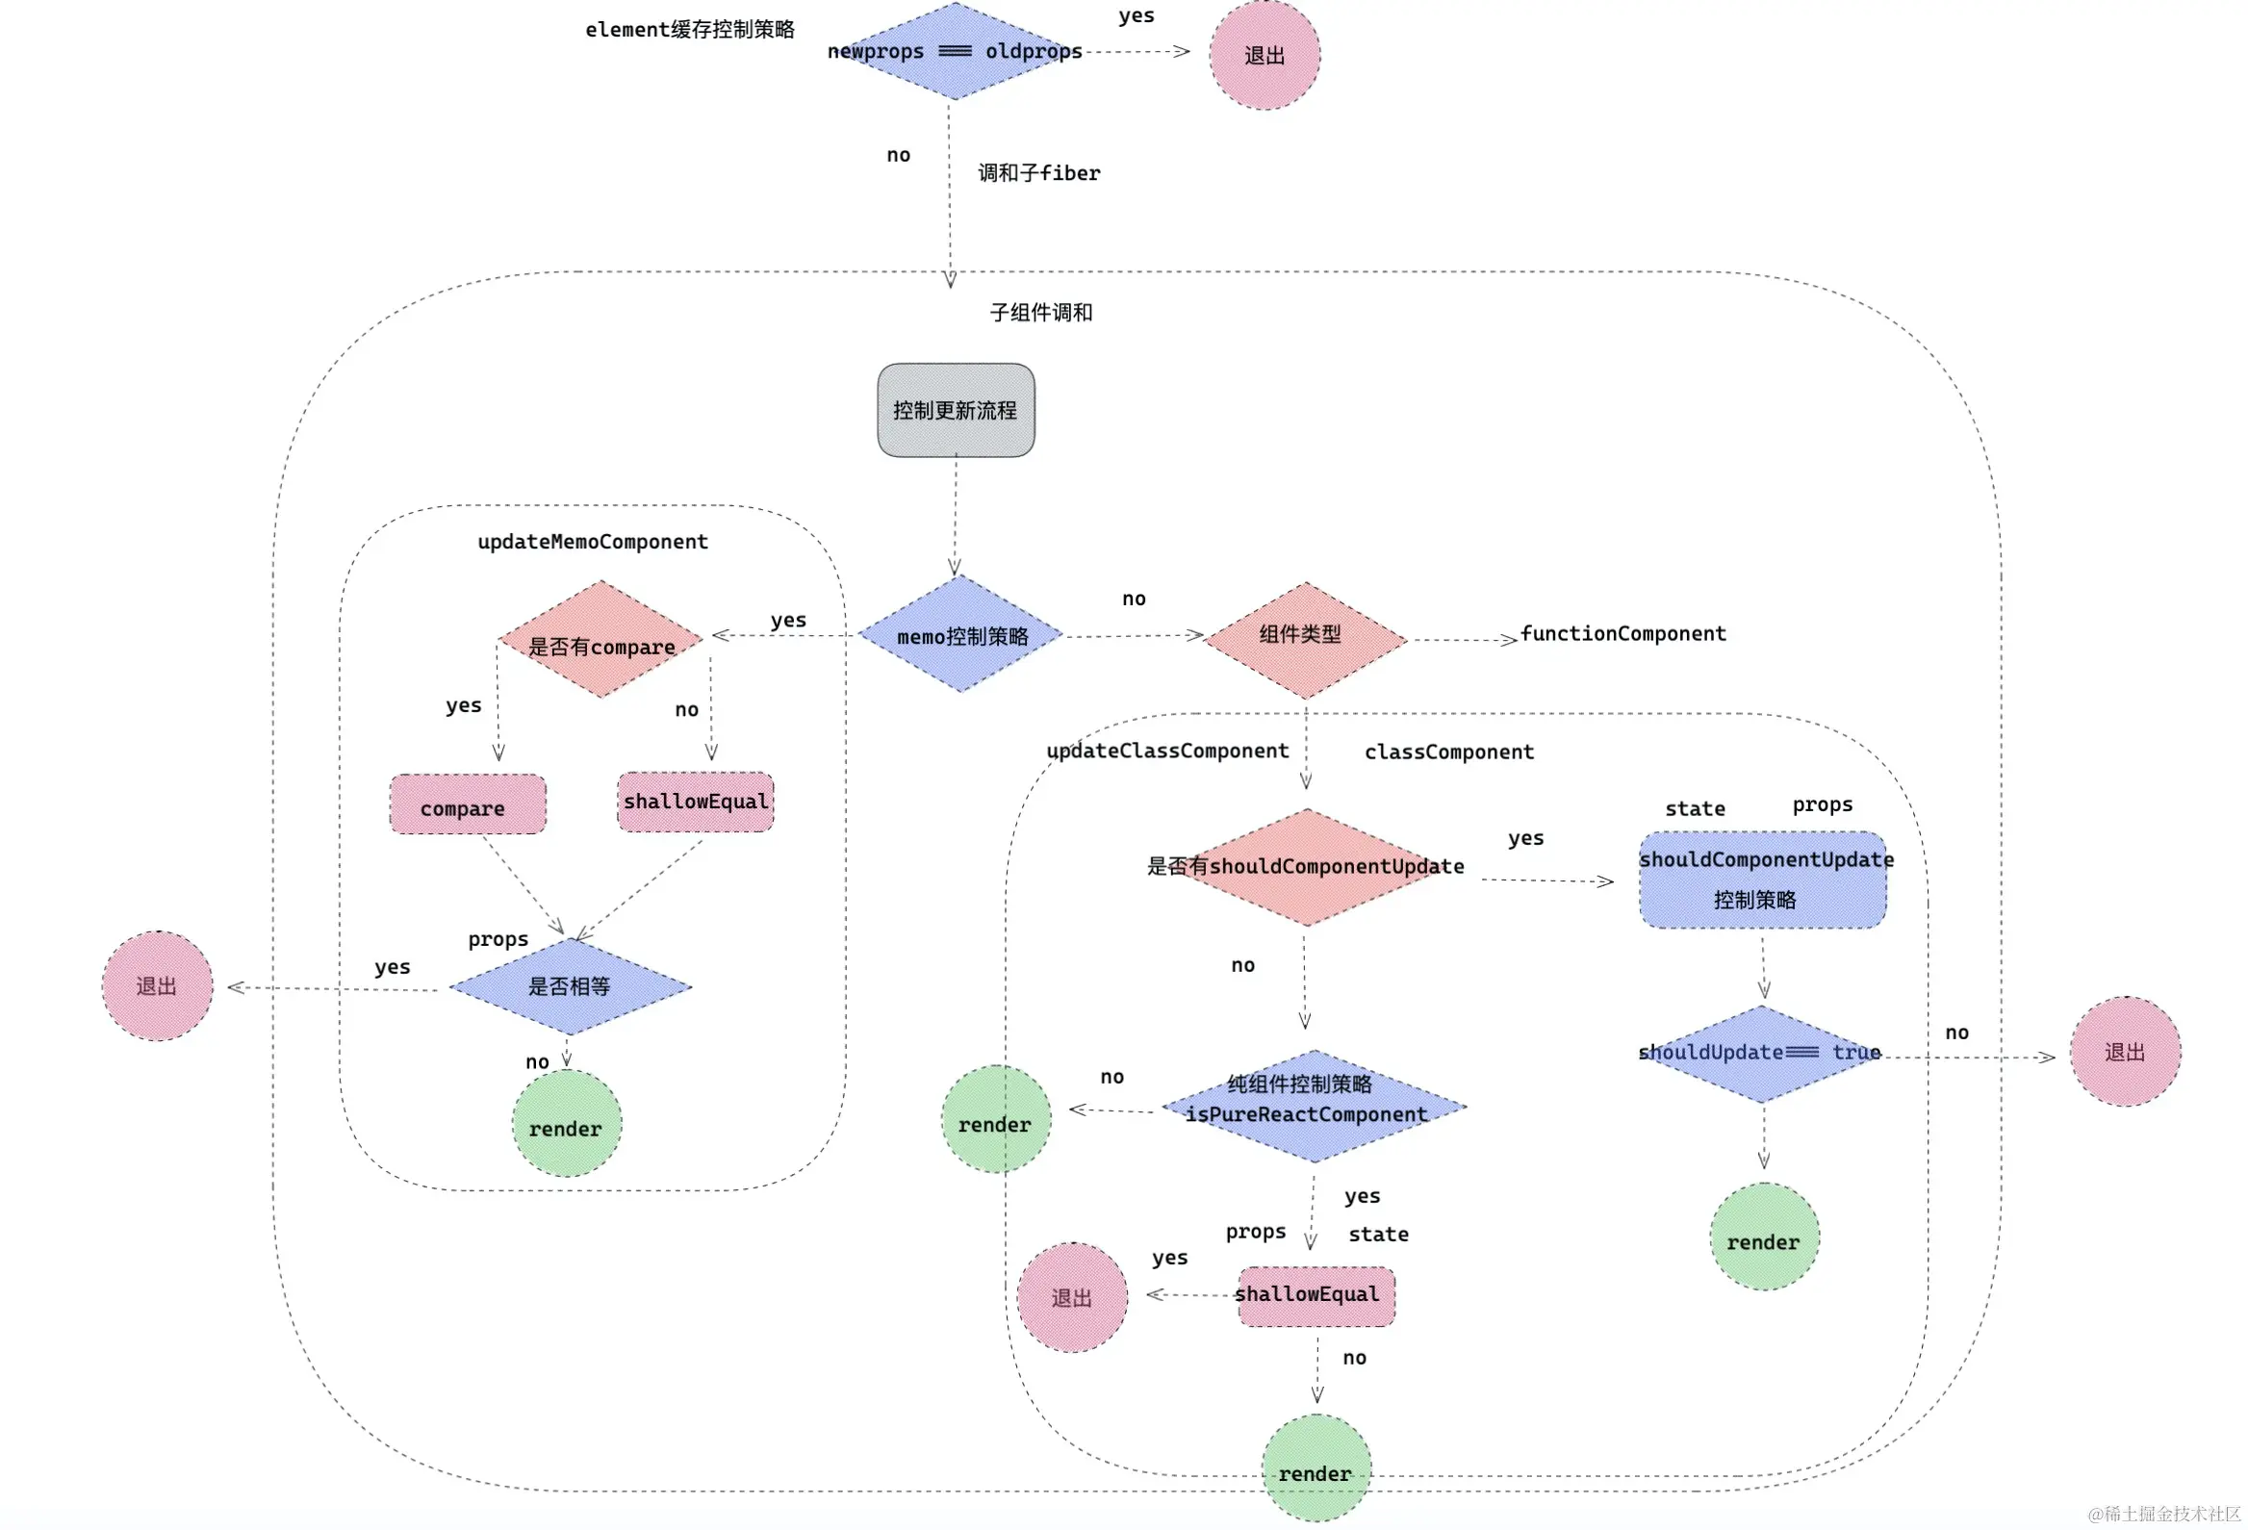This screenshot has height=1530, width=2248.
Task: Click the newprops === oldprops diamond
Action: click(955, 50)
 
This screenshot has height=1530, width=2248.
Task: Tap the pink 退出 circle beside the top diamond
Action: click(1264, 54)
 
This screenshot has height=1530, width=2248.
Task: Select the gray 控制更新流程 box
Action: click(956, 410)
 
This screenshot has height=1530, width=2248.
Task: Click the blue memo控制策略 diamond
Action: click(960, 634)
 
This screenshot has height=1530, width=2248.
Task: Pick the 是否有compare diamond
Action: click(600, 639)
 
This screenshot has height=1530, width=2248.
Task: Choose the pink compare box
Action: click(467, 804)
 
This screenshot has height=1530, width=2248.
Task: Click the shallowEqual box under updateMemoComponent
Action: click(696, 802)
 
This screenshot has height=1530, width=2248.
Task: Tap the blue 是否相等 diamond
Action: click(571, 986)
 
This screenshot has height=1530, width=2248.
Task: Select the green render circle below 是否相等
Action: click(567, 1124)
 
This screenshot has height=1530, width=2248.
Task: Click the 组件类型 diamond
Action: click(1306, 640)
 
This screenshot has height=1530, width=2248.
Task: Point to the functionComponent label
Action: click(1623, 633)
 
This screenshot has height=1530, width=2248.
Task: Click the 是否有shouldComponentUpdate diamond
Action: click(1307, 868)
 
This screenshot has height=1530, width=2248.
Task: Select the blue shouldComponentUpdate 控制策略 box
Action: click(1762, 880)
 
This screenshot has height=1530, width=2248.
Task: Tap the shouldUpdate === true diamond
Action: click(1761, 1055)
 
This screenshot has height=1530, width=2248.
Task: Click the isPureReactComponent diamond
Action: click(1314, 1107)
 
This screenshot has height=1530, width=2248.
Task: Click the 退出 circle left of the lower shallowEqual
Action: click(1072, 1297)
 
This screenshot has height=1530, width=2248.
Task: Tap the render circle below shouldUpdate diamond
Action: click(1764, 1237)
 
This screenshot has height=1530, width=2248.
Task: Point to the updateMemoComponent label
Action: click(593, 542)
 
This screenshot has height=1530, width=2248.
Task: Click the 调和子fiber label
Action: click(1039, 173)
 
